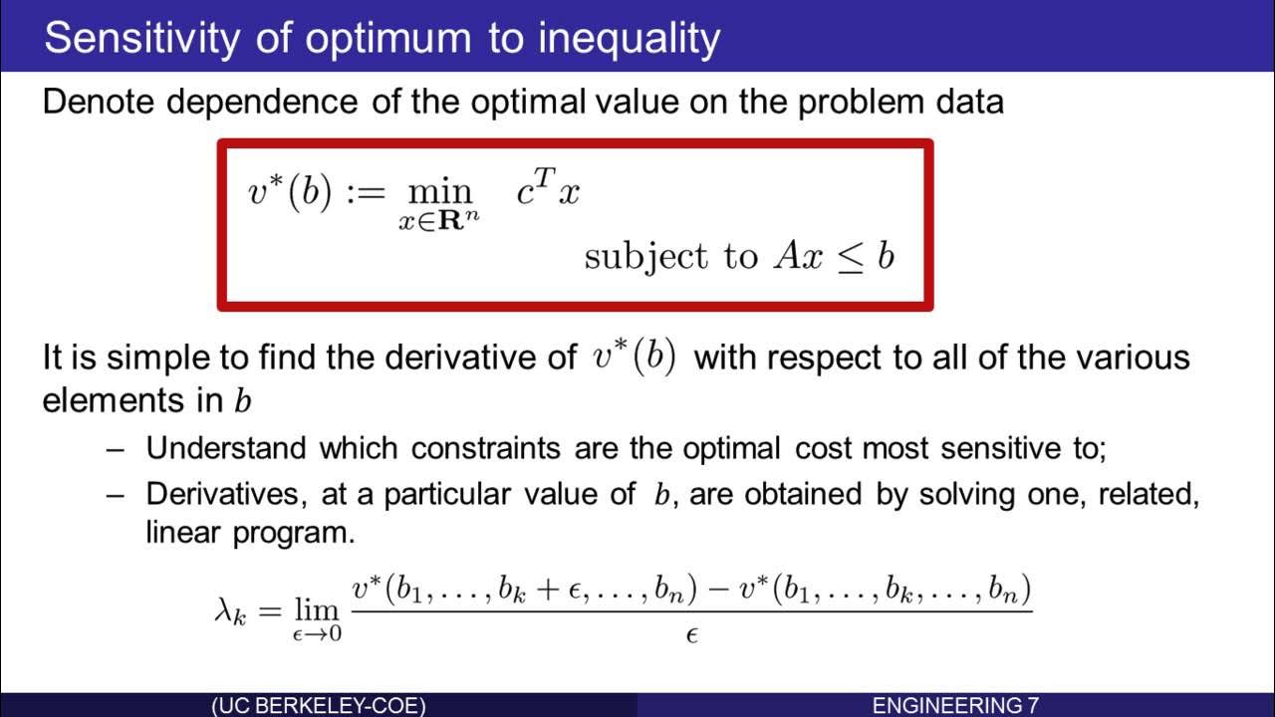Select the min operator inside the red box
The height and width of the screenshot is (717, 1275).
click(x=438, y=192)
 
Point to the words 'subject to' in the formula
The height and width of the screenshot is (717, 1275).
click(x=670, y=257)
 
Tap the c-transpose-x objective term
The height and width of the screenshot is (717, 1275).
click(x=548, y=190)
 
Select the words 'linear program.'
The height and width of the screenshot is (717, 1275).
click(x=250, y=533)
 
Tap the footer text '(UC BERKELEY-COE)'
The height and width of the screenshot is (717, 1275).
click(x=319, y=706)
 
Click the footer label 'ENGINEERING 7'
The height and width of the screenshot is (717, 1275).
click(x=955, y=706)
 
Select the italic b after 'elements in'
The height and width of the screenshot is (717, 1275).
click(x=241, y=401)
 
